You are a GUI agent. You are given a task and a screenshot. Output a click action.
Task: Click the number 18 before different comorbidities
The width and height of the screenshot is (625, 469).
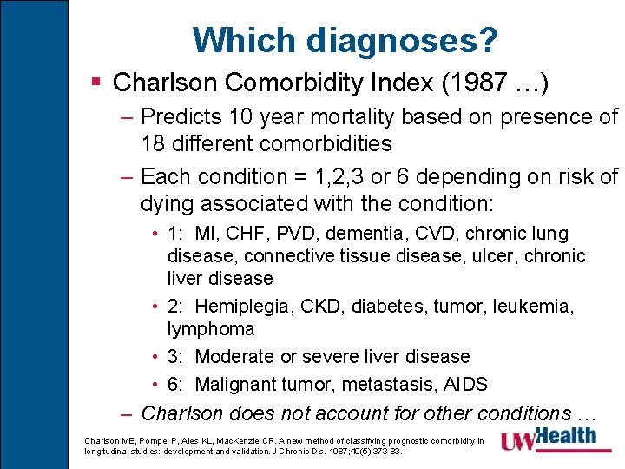pos(153,142)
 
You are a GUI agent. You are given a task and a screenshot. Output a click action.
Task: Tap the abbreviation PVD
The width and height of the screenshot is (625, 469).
pos(301,234)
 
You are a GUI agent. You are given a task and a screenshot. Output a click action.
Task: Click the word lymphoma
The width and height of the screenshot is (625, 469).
pos(211,329)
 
